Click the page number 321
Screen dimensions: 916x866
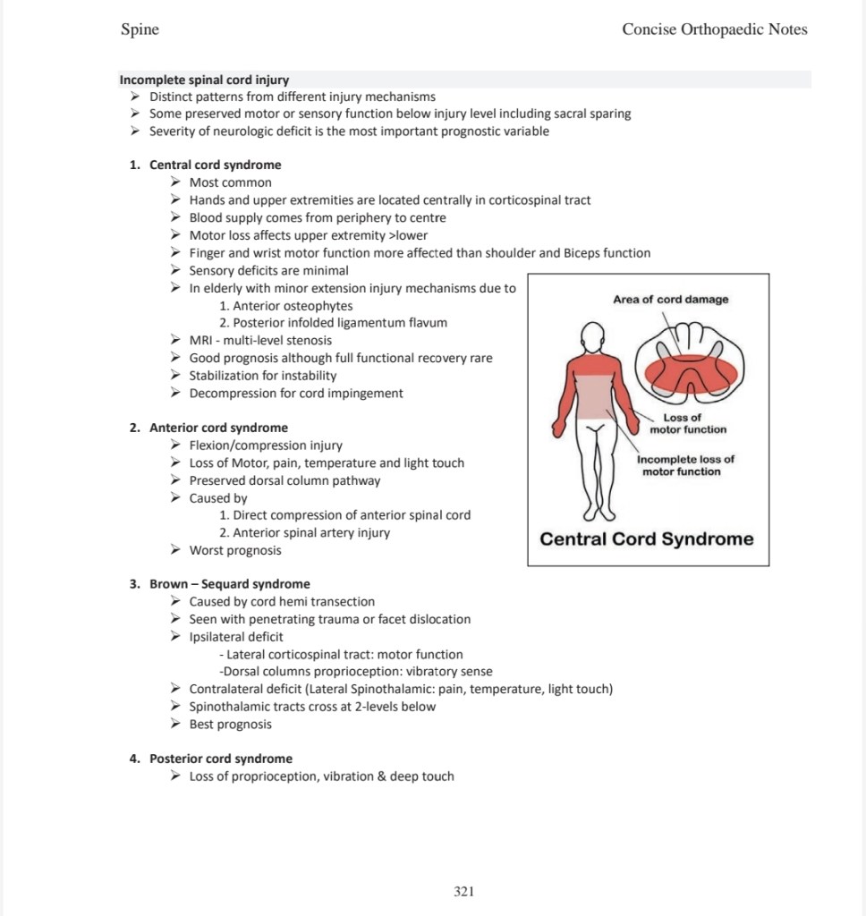point(463,891)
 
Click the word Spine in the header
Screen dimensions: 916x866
point(140,30)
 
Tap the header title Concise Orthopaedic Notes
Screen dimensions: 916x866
point(714,30)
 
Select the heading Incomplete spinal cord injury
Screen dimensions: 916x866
point(204,80)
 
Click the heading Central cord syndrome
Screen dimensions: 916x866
point(215,165)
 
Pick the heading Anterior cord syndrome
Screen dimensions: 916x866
point(218,428)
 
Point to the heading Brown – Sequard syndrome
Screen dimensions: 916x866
point(229,584)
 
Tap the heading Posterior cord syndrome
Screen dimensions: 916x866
point(220,759)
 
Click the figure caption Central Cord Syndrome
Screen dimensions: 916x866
point(647,539)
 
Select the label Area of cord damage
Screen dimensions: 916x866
point(671,300)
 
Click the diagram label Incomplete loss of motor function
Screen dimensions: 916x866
point(685,465)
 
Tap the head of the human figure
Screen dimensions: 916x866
point(591,338)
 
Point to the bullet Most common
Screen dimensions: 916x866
point(230,182)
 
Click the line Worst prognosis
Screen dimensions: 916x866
point(234,550)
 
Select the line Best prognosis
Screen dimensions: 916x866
point(230,724)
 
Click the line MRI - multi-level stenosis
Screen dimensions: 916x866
point(260,340)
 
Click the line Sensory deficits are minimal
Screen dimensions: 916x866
point(268,270)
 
